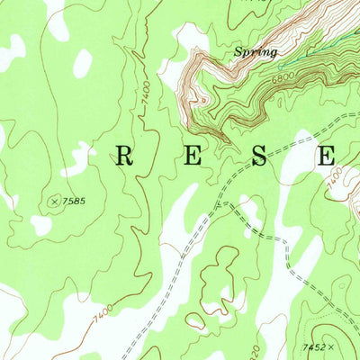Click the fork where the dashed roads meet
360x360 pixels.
click(225, 204)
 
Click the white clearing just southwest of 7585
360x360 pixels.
click(40, 223)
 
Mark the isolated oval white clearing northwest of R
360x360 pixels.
click(82, 63)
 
